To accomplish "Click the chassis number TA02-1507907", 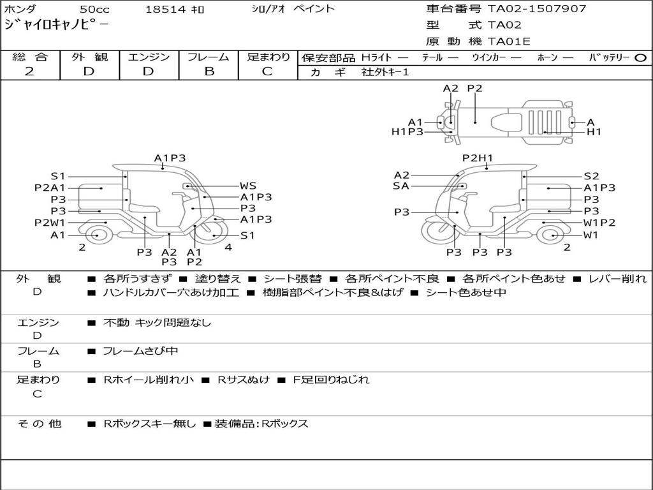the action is (537, 9).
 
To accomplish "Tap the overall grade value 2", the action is (29, 71).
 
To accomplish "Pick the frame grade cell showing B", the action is (209, 71).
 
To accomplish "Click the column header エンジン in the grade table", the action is (149, 57).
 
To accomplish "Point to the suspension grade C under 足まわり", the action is (267, 71).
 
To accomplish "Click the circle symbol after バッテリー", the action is (640, 57).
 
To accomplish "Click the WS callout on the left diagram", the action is (248, 186).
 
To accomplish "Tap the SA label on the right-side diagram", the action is (401, 186).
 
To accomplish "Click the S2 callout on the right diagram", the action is (591, 176).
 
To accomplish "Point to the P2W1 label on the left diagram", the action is (50, 223).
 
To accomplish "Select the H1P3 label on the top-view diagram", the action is (407, 132).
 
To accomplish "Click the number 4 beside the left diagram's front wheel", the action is (228, 247).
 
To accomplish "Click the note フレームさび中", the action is (140, 351).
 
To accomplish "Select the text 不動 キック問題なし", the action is (157, 323).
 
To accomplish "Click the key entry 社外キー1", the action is (385, 72).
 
